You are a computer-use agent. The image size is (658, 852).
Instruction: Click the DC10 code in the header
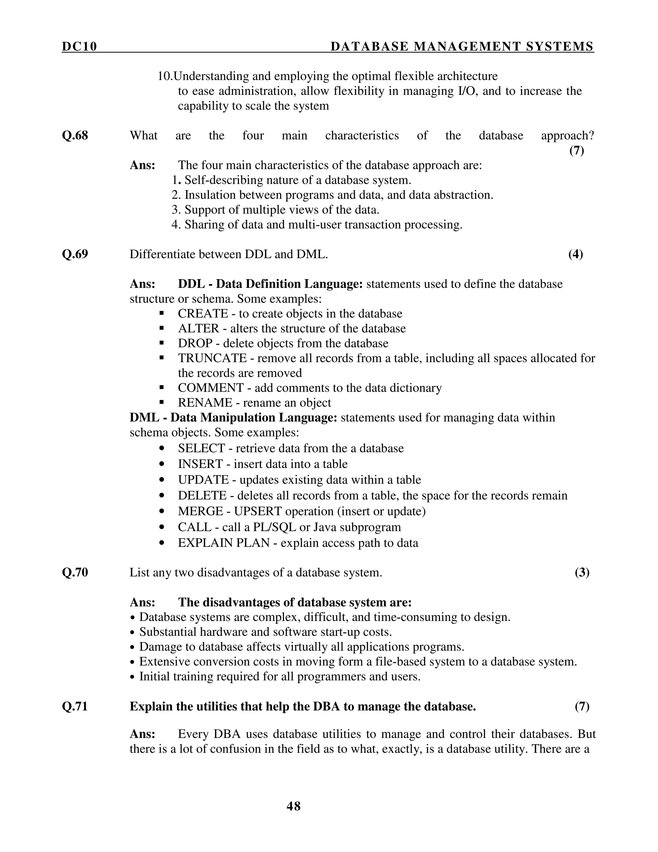click(x=79, y=47)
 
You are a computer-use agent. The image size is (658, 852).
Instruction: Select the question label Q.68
click(x=75, y=135)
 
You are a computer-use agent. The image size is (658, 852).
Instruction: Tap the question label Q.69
click(x=75, y=254)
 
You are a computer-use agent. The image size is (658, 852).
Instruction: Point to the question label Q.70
click(x=75, y=572)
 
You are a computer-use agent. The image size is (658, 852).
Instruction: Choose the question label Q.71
click(x=75, y=706)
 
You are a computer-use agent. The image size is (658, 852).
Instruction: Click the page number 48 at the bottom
click(x=294, y=806)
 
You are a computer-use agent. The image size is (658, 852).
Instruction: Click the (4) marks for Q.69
click(x=575, y=254)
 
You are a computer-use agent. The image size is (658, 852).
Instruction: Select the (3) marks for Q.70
click(x=582, y=572)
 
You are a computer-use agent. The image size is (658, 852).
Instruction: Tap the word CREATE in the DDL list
click(x=203, y=314)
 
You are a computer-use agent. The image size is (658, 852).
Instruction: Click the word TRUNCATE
click(x=212, y=358)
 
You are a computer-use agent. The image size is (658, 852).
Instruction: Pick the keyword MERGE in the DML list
click(x=200, y=511)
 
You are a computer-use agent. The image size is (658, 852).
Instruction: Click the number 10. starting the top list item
click(x=165, y=76)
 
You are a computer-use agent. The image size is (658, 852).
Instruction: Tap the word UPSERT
click(x=259, y=511)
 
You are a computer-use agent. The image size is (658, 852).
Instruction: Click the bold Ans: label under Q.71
click(x=142, y=734)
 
